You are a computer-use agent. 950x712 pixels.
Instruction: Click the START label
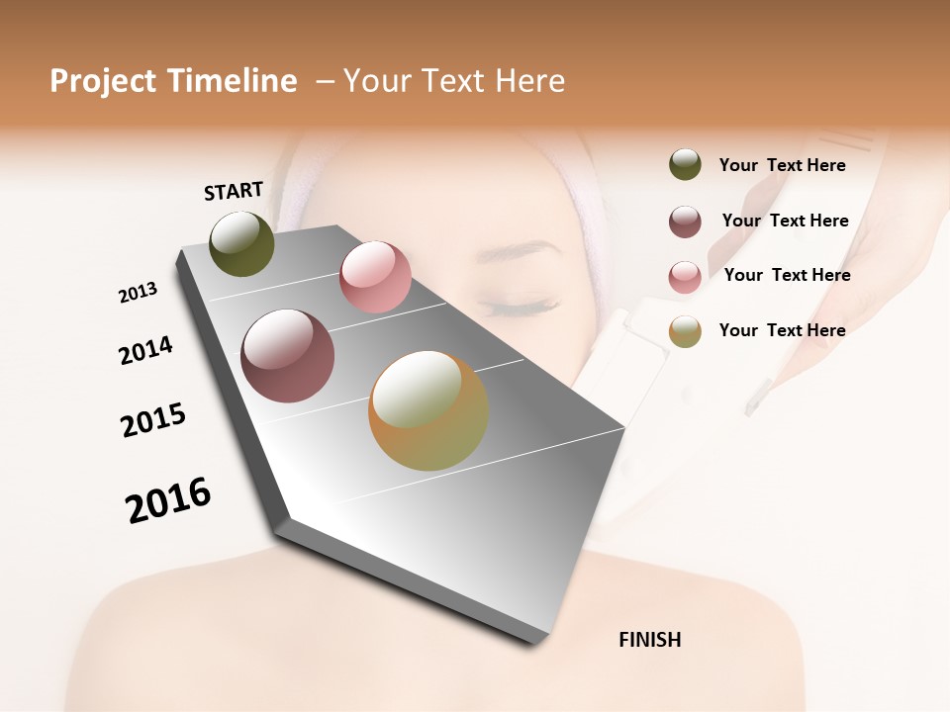pos(234,191)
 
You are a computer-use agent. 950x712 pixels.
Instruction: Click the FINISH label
pos(649,640)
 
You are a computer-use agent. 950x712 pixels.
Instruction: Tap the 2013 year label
pos(138,293)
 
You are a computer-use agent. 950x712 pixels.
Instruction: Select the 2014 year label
pos(145,350)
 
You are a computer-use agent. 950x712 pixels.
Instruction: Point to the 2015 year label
pos(153,419)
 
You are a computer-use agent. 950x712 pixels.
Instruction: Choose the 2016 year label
pos(168,500)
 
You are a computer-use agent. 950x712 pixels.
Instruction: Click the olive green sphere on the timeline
pos(241,244)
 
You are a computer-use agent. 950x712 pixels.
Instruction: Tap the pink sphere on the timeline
pos(375,277)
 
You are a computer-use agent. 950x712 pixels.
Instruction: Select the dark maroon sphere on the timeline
pos(287,356)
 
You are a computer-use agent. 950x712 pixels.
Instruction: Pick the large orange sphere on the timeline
pos(428,410)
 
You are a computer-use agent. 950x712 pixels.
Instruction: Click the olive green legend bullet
pos(685,165)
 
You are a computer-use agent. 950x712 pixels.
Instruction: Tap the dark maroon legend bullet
pos(685,222)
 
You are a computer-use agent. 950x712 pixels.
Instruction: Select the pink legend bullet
pos(685,277)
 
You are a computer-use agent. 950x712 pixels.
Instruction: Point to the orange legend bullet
pos(685,331)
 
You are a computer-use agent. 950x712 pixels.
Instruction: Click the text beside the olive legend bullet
pos(782,165)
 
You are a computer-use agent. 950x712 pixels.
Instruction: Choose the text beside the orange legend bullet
pos(782,330)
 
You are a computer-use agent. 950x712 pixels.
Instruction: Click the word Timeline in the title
pos(234,81)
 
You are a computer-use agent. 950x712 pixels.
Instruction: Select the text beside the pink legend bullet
pos(787,275)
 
